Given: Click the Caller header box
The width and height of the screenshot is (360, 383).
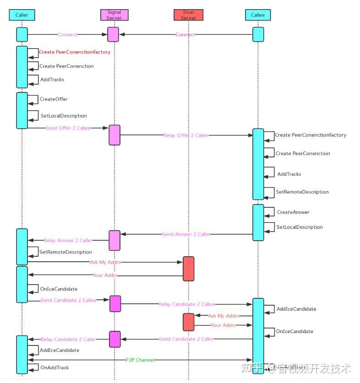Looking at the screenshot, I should (x=22, y=15).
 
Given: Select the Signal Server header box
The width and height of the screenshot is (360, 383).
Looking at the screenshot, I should (x=115, y=15).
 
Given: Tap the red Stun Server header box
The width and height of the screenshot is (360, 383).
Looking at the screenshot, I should (x=188, y=15).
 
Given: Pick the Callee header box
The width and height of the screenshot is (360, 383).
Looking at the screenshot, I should (x=258, y=15).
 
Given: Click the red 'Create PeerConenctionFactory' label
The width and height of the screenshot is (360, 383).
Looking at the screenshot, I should (x=75, y=52).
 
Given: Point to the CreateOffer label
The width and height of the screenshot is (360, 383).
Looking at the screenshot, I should (x=54, y=99).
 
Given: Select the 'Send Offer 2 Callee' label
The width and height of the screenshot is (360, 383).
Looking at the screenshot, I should (x=68, y=128).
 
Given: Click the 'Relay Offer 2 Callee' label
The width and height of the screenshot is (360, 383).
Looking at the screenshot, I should (x=186, y=135).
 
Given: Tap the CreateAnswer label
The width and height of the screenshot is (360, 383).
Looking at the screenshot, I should (x=293, y=212).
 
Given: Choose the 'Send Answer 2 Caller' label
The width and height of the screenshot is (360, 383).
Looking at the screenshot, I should (x=186, y=234).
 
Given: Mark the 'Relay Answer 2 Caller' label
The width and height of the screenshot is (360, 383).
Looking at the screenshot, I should (x=68, y=240).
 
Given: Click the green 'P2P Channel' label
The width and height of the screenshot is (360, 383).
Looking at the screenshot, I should (x=140, y=360).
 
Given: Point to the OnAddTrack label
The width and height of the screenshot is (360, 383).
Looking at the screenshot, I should (x=55, y=367).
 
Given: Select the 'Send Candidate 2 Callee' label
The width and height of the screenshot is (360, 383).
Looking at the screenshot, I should (x=68, y=300).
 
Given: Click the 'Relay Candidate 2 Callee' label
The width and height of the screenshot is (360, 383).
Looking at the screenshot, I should (x=186, y=304).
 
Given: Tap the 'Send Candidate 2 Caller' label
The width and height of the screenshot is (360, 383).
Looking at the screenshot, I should (x=186, y=339).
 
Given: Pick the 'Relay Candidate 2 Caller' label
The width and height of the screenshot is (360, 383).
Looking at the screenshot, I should (x=68, y=340).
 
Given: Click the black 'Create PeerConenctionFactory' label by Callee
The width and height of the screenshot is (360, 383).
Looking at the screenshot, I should (x=311, y=135).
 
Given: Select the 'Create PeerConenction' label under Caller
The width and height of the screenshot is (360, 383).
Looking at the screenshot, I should (x=66, y=66).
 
